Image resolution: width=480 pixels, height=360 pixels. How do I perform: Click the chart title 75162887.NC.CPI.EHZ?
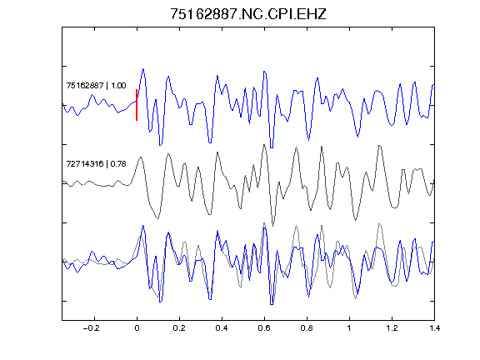(248, 14)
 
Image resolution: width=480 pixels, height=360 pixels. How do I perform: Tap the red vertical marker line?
(137, 105)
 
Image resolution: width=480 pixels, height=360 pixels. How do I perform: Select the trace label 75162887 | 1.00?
(96, 85)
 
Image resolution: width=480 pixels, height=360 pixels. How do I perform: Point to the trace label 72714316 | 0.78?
(96, 164)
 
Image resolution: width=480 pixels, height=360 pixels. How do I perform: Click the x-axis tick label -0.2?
(92, 328)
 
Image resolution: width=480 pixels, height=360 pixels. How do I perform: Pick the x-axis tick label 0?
(137, 328)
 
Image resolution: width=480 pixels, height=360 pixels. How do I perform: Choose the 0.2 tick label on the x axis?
(179, 328)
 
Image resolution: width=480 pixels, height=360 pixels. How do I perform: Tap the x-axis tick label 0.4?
(222, 328)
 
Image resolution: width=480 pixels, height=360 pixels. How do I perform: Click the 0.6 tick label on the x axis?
(264, 328)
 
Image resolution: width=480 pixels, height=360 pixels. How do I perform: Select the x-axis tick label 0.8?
(307, 328)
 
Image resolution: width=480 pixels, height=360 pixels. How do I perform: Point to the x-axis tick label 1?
(349, 328)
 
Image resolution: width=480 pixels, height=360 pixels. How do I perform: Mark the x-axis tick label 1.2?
(392, 328)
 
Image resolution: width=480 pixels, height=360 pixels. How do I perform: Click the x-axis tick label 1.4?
(434, 328)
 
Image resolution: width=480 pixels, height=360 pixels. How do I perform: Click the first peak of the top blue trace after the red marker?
(142, 69)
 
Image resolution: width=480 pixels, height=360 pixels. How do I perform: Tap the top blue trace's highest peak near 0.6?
(264, 72)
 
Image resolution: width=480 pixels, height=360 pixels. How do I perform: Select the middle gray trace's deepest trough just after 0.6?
(272, 225)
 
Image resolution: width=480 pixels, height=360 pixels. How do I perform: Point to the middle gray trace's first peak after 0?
(141, 157)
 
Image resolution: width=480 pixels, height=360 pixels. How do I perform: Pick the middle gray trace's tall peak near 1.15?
(380, 146)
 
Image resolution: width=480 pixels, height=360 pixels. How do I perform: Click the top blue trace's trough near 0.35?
(210, 142)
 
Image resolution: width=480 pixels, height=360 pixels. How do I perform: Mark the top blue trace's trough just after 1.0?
(357, 136)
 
